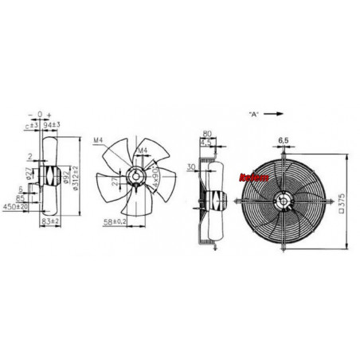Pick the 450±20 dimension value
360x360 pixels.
coord(16,206)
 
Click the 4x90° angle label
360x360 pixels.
coord(154,173)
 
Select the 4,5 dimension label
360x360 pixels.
coord(206,143)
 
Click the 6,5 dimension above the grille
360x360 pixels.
coord(284,140)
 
